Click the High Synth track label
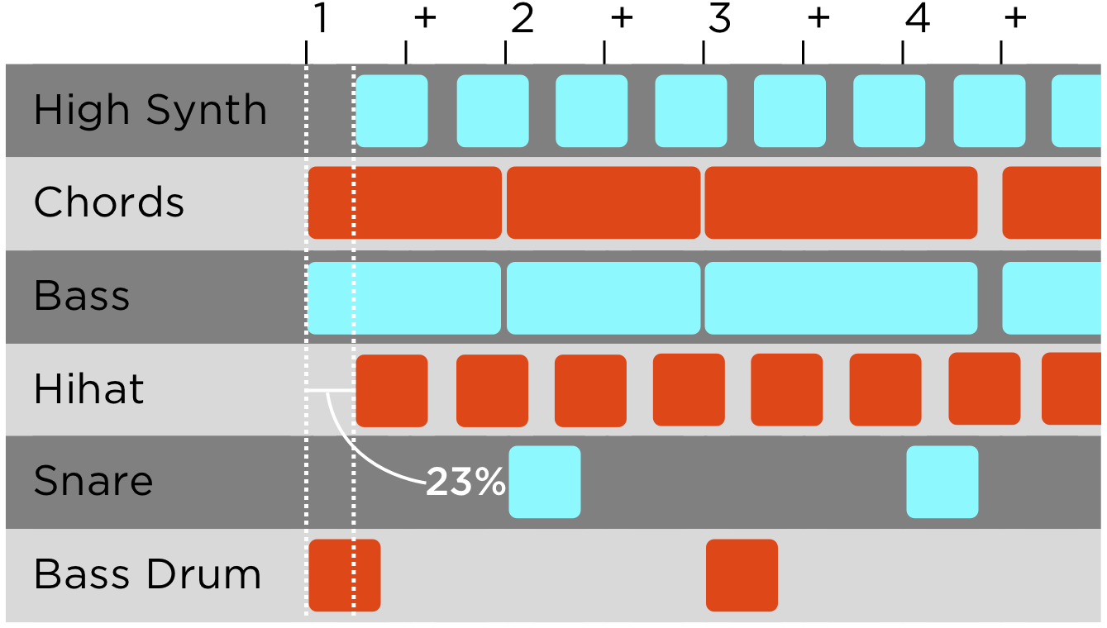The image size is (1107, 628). coord(150,111)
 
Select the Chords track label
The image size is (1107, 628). coord(108,202)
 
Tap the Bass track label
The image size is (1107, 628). coord(82,296)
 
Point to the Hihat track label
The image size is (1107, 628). coord(88,389)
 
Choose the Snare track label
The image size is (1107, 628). coord(93,481)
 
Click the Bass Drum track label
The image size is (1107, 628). coord(147,574)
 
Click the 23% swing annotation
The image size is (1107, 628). coord(465,483)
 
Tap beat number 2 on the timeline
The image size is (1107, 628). coord(522,20)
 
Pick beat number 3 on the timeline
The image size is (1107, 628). coord(719,20)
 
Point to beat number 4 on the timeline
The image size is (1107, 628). coord(917,20)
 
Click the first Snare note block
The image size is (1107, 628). coord(544,482)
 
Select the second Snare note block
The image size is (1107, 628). coord(942,482)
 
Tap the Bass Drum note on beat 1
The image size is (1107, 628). coord(344,575)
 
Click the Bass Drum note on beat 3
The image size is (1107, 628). coord(742,575)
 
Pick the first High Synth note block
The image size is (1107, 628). coord(392,111)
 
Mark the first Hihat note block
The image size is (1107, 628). coord(392,390)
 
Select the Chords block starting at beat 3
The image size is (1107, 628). coord(841,202)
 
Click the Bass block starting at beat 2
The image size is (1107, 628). coord(604,297)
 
